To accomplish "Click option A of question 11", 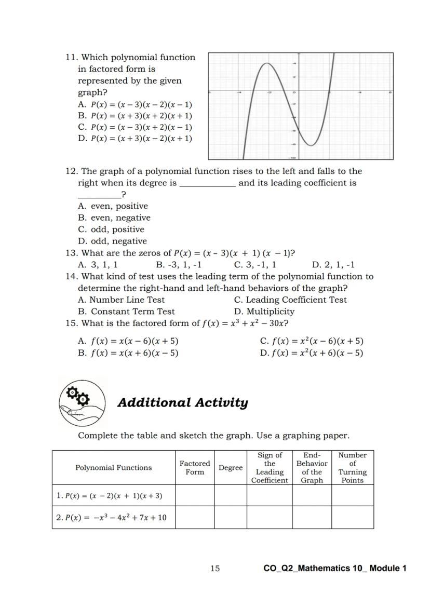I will click(135, 104).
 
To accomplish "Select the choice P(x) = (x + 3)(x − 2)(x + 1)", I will click(135, 139).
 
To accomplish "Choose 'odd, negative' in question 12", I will click(113, 241).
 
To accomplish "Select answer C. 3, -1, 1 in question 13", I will click(255, 265).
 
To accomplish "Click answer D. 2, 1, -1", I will click(333, 265).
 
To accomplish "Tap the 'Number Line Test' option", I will click(121, 300).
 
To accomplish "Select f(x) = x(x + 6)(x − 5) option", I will click(128, 353).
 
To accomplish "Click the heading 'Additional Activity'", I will click(183, 403).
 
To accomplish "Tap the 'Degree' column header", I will click(231, 468).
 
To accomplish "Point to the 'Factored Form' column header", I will click(195, 467).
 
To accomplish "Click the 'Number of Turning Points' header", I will click(352, 467).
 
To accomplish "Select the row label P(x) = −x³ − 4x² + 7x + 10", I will click(111, 518).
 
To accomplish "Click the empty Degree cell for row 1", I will click(231, 495).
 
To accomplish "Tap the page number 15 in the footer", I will click(215, 569).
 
